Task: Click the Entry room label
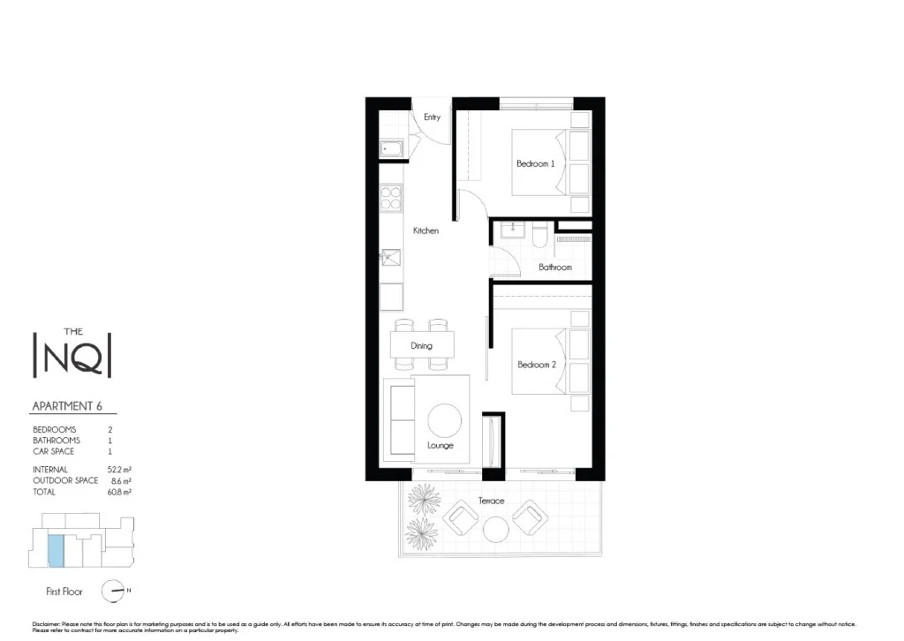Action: [432, 117]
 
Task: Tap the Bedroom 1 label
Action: [535, 164]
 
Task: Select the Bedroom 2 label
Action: [536, 366]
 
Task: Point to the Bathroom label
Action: [555, 267]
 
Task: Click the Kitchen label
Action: [426, 231]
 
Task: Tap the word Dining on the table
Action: [422, 345]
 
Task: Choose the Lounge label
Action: [440, 446]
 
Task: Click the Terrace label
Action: [492, 501]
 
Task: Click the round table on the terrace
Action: [495, 529]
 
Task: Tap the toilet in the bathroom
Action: [539, 235]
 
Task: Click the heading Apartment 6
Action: [73, 406]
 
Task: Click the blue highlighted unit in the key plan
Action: [56, 551]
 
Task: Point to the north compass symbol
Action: [113, 591]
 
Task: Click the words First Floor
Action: [64, 591]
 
